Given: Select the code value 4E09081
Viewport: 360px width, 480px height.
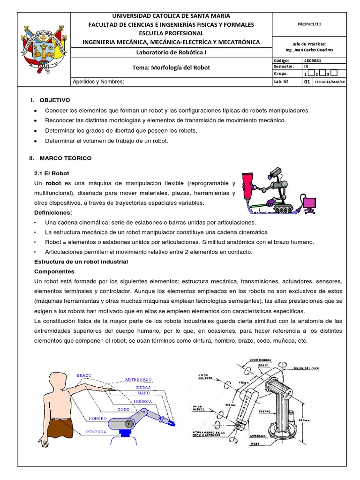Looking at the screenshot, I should coord(313,60).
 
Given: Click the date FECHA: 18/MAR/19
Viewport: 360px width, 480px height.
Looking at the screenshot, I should coord(330,81).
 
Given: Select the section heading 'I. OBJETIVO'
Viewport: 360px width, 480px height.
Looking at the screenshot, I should coord(50,100).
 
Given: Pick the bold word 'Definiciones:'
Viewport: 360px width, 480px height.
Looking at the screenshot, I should coord(55,212).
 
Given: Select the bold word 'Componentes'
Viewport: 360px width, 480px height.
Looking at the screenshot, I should coord(54,271).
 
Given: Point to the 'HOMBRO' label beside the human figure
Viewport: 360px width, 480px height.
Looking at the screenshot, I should coord(97,418).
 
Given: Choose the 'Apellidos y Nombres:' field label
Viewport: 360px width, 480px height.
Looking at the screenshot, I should coord(98,82).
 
